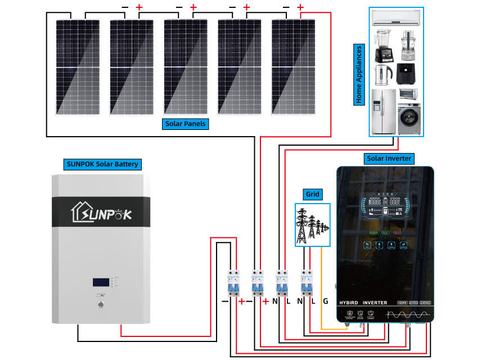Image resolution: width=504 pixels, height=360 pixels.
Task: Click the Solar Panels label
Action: (x=186, y=124)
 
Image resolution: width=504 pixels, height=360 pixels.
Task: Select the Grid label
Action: (x=312, y=195)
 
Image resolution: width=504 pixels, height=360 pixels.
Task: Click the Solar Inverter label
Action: (x=389, y=159)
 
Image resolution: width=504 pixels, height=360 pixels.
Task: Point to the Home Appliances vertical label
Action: (x=358, y=74)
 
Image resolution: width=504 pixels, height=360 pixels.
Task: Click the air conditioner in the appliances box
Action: (x=397, y=18)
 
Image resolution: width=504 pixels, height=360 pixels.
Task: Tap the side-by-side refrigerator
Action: (x=384, y=111)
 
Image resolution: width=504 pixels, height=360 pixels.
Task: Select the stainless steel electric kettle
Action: (x=384, y=74)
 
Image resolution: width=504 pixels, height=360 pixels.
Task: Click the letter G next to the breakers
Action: (x=325, y=301)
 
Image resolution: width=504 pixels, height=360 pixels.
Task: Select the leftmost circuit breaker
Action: (x=231, y=283)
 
